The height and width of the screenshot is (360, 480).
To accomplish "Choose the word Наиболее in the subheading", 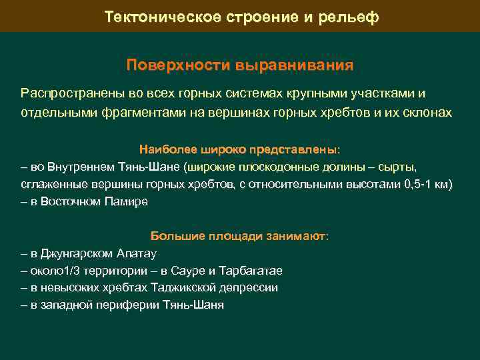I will pos(163,148).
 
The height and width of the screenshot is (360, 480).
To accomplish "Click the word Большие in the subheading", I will pos(173,236).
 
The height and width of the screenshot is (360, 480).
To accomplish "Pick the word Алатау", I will pos(137,253).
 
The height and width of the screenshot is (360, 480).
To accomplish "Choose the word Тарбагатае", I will pos(255,271).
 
